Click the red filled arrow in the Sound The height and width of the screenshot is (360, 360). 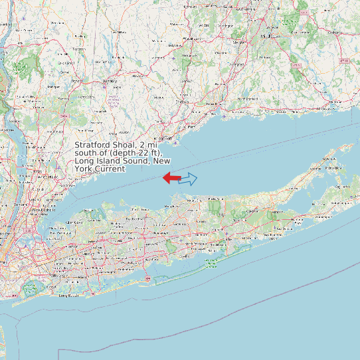click(x=171, y=177)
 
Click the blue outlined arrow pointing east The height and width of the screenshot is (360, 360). click(x=189, y=178)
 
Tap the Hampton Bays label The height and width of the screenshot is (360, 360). click(x=285, y=227)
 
